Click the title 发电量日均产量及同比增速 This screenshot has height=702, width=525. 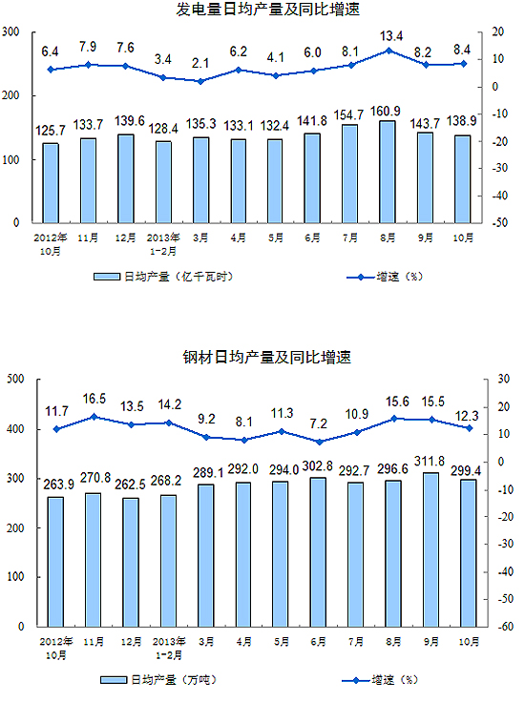point(267,9)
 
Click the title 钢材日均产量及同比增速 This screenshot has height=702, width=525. point(267,357)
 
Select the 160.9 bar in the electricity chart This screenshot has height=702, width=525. point(388,172)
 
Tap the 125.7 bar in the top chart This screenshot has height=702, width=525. point(51,183)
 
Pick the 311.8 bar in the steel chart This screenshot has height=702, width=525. point(430,549)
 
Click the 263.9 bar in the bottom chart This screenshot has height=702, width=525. point(56,562)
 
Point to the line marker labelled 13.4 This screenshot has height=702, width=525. point(388,51)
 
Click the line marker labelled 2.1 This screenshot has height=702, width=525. point(200,81)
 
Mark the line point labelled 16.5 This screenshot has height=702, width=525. point(94,417)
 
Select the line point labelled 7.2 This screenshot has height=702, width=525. point(320,442)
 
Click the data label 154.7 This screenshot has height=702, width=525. point(348,115)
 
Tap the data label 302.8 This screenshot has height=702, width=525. point(318,466)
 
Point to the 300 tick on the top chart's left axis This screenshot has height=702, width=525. point(10,31)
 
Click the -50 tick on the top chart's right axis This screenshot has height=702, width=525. point(499,222)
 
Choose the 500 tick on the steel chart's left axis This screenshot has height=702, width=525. point(15,379)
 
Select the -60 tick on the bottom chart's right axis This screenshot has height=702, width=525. point(505,627)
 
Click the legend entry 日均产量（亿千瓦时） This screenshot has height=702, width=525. point(163,277)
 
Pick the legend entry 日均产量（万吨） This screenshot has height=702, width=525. point(158,680)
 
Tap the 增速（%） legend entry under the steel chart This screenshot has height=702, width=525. point(380,680)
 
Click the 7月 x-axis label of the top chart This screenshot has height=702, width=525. point(350,237)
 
